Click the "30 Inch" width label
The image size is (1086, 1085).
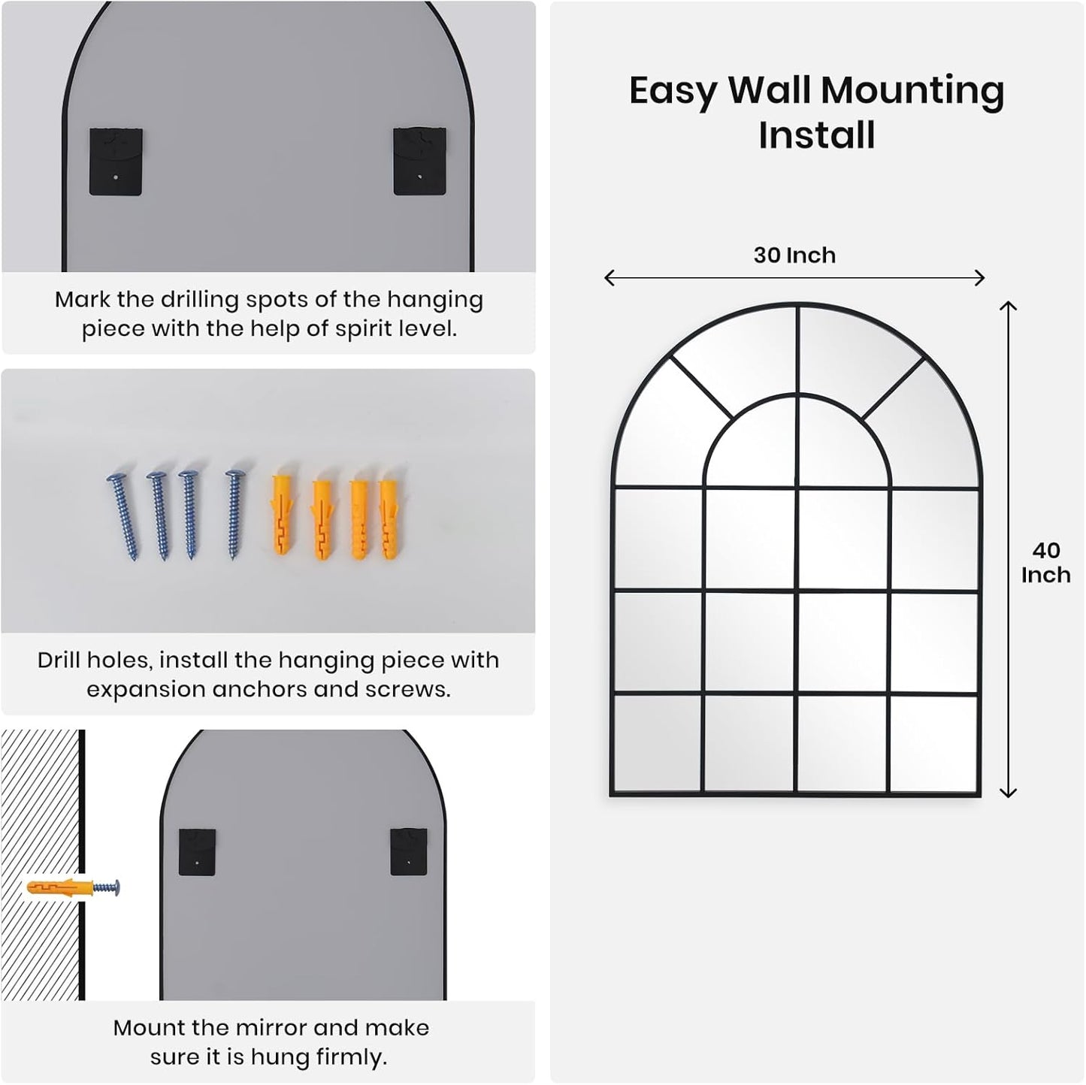794,255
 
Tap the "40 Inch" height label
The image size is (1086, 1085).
1045,563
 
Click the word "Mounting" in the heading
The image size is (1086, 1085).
912,90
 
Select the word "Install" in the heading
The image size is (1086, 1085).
817,136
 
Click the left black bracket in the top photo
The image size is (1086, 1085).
116,162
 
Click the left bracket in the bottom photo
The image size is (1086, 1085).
198,851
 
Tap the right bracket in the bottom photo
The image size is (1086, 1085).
409,851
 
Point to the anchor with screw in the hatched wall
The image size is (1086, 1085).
73,888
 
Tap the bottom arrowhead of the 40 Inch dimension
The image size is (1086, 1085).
1008,792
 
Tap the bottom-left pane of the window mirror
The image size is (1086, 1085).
658,743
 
